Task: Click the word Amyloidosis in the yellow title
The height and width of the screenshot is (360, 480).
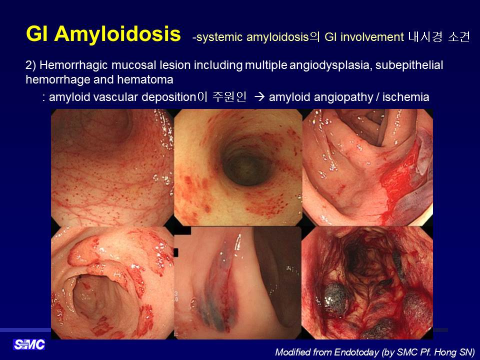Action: tap(117, 34)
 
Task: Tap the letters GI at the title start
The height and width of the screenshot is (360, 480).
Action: tap(37, 33)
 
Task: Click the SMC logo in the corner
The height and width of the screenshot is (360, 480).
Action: tap(29, 344)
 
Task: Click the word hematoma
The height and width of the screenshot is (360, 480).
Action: tap(145, 79)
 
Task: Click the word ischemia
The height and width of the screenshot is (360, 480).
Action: tap(405, 97)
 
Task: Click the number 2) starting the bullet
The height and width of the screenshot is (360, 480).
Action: tap(31, 65)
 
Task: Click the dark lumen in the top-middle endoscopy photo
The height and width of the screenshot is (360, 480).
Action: tap(246, 165)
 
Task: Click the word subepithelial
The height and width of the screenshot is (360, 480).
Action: tap(409, 65)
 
